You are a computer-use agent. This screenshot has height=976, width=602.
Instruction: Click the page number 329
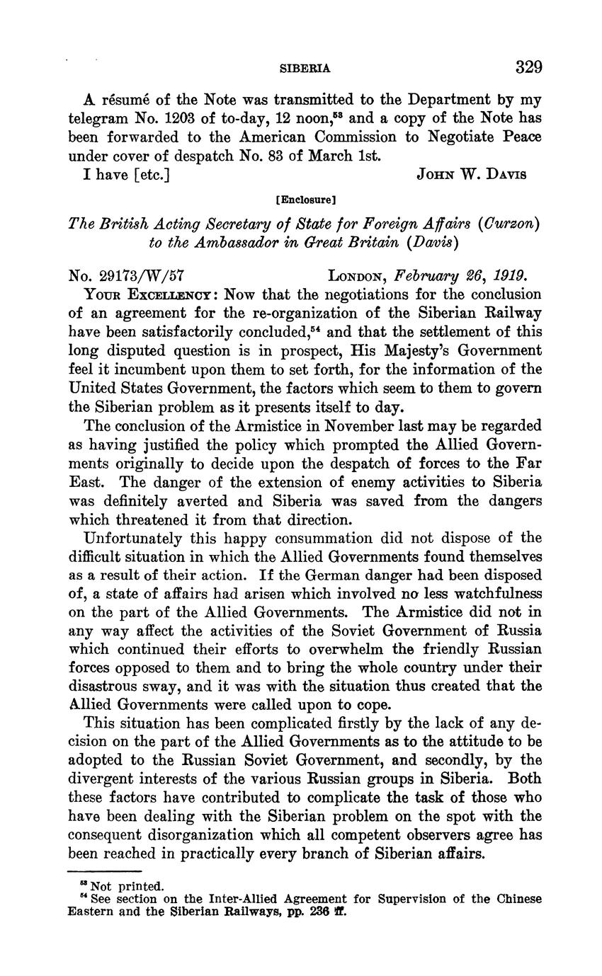[528, 68]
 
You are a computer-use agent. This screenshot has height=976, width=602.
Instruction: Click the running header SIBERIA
[305, 69]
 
